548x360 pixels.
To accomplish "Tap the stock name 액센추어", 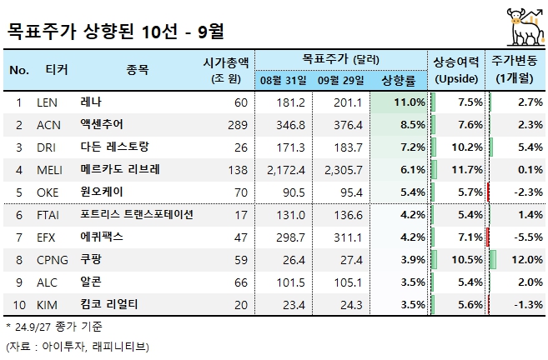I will click(103, 124).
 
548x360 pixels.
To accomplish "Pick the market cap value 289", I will click(238, 124).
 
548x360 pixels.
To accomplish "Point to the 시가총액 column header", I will click(226, 62).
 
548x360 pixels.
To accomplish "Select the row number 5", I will click(18, 192).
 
